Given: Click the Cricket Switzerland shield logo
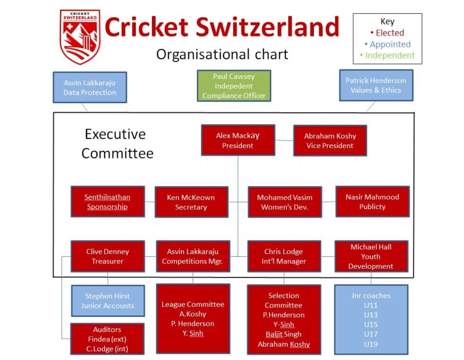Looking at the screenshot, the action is (x=80, y=36).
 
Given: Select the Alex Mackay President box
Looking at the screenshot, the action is (x=238, y=140).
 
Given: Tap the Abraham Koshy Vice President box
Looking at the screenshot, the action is (x=330, y=140).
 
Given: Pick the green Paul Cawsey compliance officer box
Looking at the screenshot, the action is (x=234, y=86).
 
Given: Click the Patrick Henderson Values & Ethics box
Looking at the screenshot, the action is (x=376, y=85).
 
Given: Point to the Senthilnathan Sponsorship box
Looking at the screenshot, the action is (x=107, y=202).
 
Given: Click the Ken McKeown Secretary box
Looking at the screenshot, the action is (x=191, y=202).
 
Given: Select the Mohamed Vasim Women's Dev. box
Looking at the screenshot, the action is (x=284, y=202).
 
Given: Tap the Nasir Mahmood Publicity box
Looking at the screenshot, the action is (x=372, y=202).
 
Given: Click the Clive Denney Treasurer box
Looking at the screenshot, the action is (x=107, y=256).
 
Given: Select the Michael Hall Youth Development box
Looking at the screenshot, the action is (x=371, y=256).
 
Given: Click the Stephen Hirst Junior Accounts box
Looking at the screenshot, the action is (x=107, y=301).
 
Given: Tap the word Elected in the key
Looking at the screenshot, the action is (x=390, y=33).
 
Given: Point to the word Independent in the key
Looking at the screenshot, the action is (x=389, y=55).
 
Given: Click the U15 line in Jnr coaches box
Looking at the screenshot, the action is (x=371, y=325).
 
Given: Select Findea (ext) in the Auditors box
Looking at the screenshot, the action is (x=107, y=339).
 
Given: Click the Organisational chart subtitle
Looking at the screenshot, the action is (x=222, y=54).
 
